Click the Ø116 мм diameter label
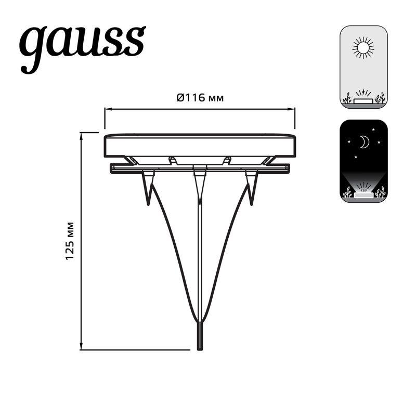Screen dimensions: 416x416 point(200,97)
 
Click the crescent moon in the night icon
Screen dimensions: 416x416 point(365,141)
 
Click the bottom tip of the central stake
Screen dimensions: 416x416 point(200,347)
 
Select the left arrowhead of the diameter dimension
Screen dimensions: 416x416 point(107,109)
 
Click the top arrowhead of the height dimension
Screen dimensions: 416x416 point(82,135)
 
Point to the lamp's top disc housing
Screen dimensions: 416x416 point(200,145)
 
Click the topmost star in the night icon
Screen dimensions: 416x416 point(373,128)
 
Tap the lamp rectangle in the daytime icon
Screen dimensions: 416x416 point(363,100)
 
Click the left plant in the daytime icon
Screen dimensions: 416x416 point(347,98)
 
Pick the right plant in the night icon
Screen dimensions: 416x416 point(381,192)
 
